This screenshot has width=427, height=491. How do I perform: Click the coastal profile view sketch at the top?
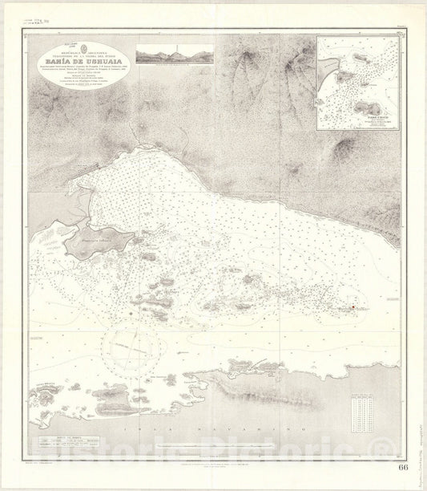pos(175,54)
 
